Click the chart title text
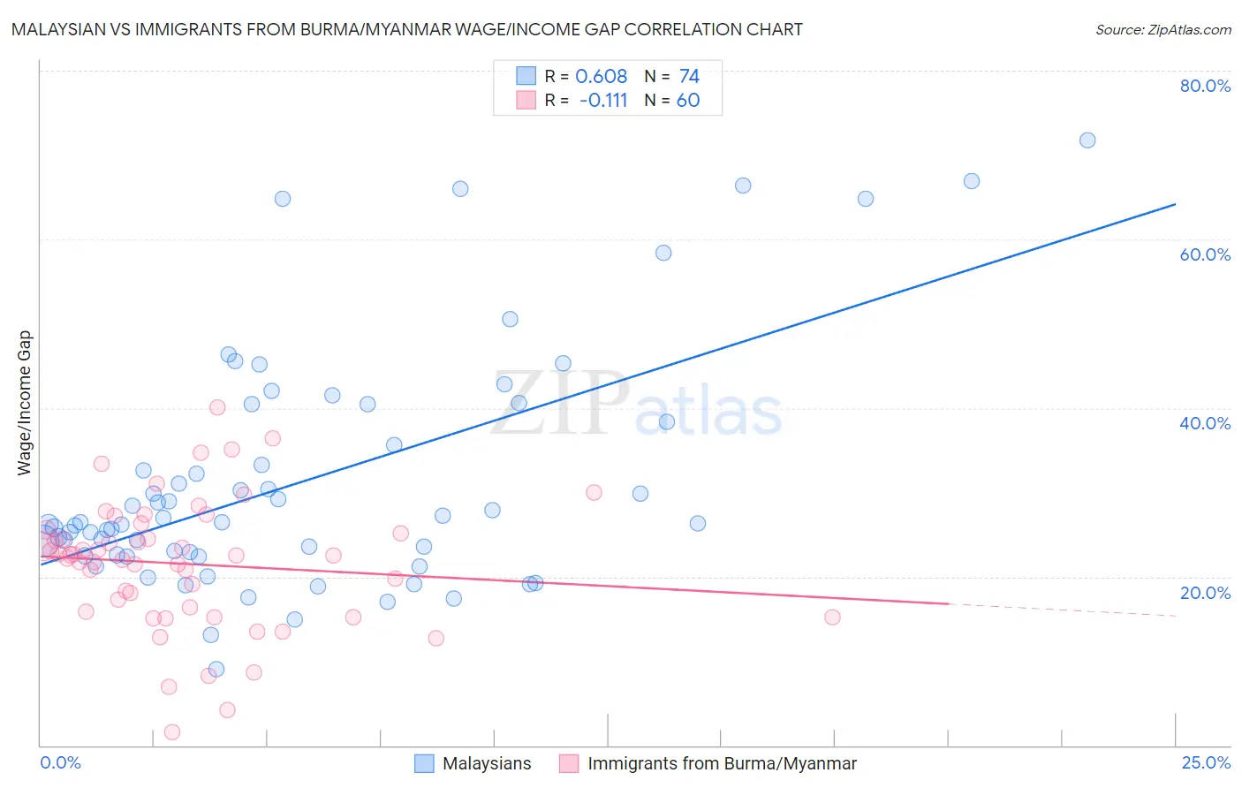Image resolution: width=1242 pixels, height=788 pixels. (x=407, y=29)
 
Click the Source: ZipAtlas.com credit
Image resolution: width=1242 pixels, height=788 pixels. (x=1162, y=29)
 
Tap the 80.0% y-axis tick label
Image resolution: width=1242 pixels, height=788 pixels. (x=1205, y=86)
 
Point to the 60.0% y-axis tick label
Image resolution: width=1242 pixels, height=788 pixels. (x=1205, y=254)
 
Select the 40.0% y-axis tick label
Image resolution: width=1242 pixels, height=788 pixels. (x=1205, y=423)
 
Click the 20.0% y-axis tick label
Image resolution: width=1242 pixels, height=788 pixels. (x=1205, y=592)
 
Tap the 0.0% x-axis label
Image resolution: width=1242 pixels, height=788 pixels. (x=60, y=762)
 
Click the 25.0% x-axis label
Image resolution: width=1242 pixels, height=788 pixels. (x=1206, y=762)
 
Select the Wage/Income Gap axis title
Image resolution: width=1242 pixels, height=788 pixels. (x=25, y=403)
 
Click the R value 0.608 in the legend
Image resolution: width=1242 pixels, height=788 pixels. (x=601, y=77)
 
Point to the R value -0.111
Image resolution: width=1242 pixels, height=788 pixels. (x=603, y=101)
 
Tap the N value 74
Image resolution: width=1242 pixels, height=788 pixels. (x=689, y=77)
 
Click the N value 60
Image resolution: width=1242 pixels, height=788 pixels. (x=688, y=101)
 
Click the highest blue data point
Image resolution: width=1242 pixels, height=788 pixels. (x=1087, y=140)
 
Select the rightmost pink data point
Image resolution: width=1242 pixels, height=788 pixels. (x=832, y=617)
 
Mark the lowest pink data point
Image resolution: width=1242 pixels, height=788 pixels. (x=172, y=732)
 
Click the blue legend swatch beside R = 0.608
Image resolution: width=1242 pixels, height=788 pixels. (x=526, y=76)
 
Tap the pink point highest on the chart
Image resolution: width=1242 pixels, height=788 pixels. (x=217, y=407)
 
